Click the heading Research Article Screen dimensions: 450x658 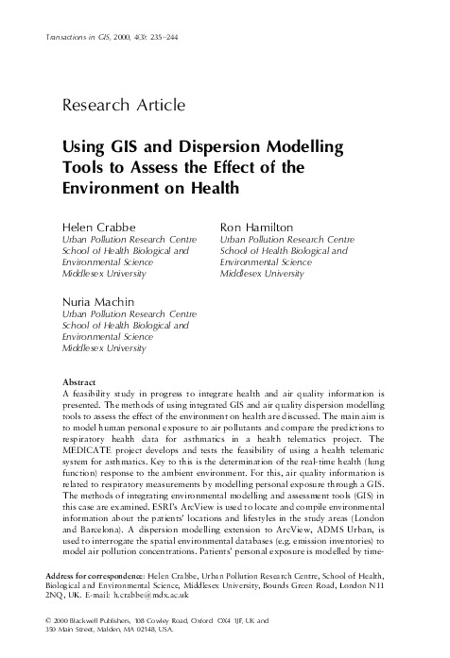(122, 104)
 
